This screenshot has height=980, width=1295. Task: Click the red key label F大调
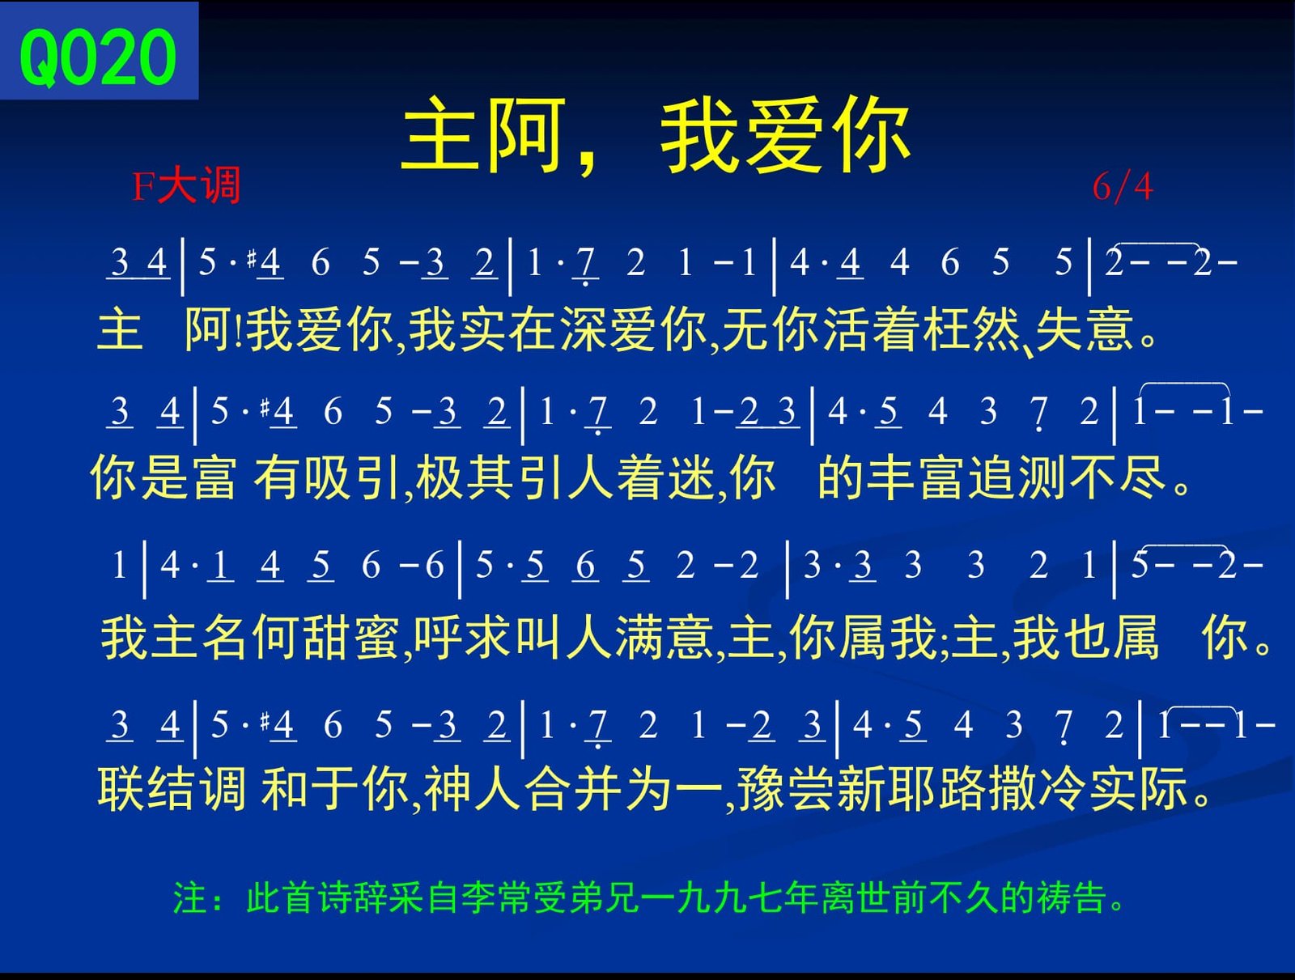tap(186, 186)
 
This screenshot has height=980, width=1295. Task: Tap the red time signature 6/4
tap(1123, 187)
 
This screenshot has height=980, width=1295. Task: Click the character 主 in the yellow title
tap(439, 136)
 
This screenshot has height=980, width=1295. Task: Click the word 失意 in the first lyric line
tap(1084, 329)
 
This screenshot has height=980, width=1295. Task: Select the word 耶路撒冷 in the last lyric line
tap(986, 788)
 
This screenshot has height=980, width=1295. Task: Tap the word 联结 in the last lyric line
tap(147, 788)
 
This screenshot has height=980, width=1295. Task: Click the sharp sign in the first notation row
tap(252, 257)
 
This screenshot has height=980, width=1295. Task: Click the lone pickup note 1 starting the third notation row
tap(119, 565)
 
